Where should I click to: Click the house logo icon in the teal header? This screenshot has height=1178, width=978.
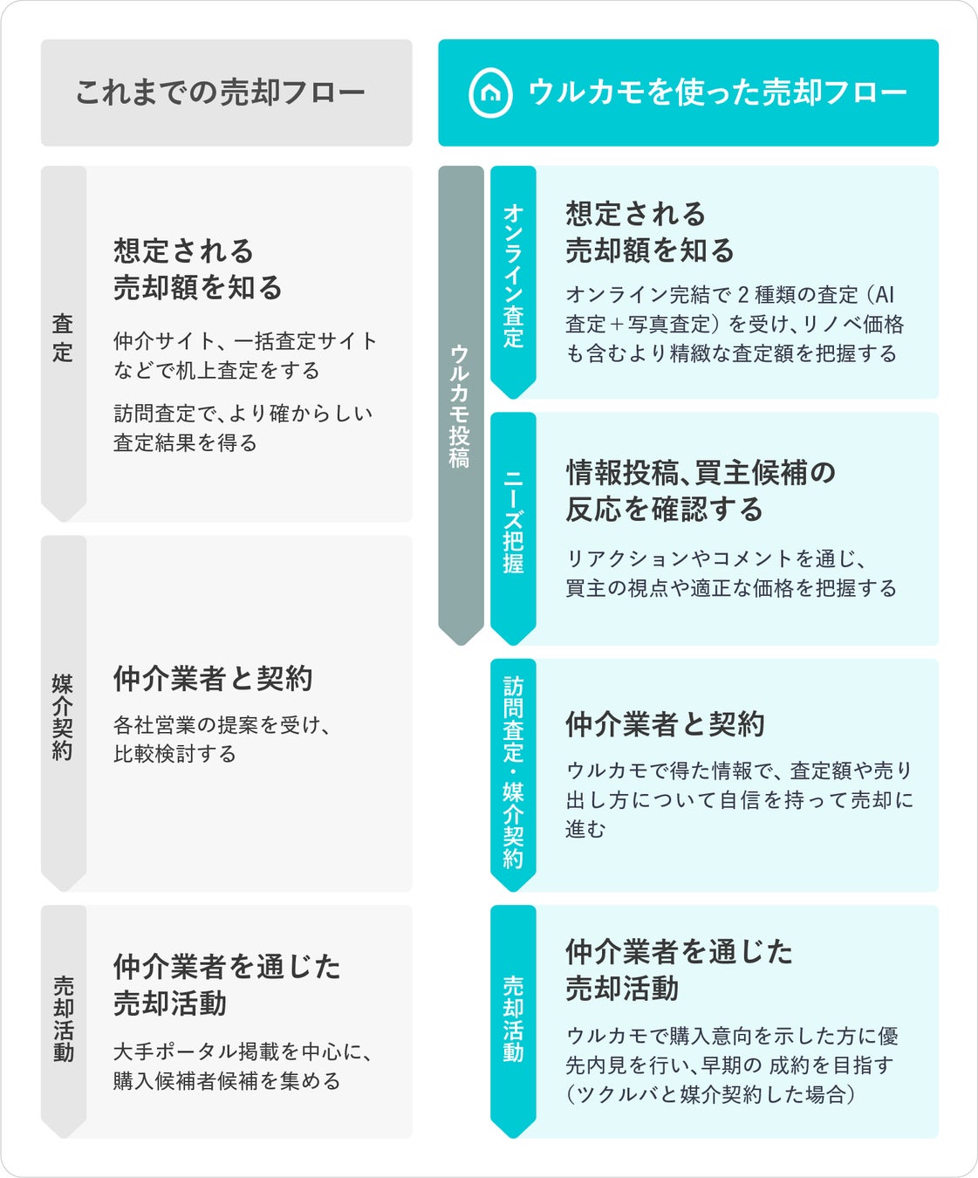tap(490, 93)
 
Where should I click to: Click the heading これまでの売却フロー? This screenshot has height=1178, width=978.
tap(220, 92)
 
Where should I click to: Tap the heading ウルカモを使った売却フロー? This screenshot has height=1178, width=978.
tap(717, 92)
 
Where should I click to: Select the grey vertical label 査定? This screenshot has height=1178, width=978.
tap(63, 338)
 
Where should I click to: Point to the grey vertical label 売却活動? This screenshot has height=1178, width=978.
tap(63, 1018)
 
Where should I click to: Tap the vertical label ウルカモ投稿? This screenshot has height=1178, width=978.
tap(460, 407)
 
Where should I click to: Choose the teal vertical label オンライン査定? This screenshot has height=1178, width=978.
tap(513, 276)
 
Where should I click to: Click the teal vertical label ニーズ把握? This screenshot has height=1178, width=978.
tap(513, 522)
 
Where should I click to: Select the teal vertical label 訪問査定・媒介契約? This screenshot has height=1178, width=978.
tap(513, 772)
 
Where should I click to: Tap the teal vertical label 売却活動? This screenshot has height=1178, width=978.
tap(513, 1018)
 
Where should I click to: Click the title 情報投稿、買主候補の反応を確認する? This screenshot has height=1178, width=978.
tap(701, 490)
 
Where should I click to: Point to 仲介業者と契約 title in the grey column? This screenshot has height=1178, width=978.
tap(213, 678)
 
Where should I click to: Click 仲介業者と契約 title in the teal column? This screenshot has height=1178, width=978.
tap(665, 724)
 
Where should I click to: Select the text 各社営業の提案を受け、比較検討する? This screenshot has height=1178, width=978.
tap(222, 739)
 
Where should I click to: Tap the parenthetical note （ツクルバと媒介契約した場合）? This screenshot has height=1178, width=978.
tap(710, 1094)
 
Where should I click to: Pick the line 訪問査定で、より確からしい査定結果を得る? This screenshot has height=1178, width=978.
tap(243, 428)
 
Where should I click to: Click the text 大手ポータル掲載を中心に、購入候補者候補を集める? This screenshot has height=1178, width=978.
tap(243, 1066)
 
